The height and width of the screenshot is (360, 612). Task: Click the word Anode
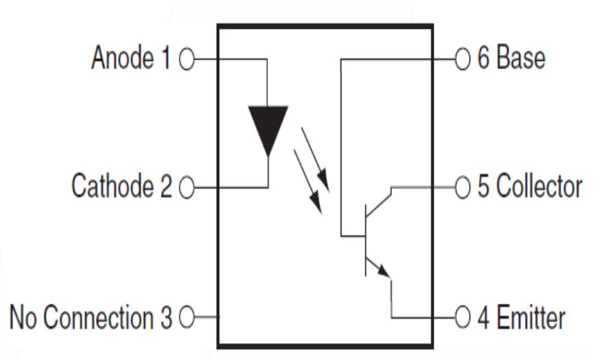tap(123, 59)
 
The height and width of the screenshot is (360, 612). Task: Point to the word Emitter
tap(531, 317)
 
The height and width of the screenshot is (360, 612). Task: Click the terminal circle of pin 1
tap(185, 60)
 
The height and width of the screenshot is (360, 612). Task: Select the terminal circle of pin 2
tap(185, 187)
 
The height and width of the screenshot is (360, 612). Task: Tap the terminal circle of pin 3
tap(185, 318)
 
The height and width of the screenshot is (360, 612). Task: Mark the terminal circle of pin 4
tap(462, 318)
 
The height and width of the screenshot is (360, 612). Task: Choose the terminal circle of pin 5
tap(462, 187)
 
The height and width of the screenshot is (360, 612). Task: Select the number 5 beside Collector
tap(482, 187)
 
